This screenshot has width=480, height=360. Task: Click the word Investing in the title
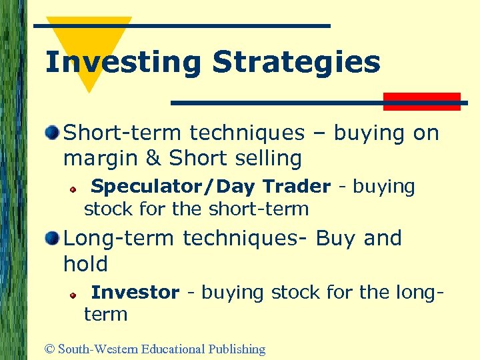pos(122,63)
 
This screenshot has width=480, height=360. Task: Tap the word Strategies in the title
pos(296,63)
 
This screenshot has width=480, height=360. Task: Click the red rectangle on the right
pos(421,101)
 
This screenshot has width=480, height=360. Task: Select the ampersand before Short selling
pos(154,159)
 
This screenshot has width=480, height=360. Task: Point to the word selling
pos(265,159)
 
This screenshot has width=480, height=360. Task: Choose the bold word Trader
pos(297,187)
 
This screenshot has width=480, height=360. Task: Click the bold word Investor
pos(135,292)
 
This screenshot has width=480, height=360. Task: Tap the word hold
pos(85,264)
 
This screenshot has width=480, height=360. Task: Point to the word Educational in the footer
pos(173,349)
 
